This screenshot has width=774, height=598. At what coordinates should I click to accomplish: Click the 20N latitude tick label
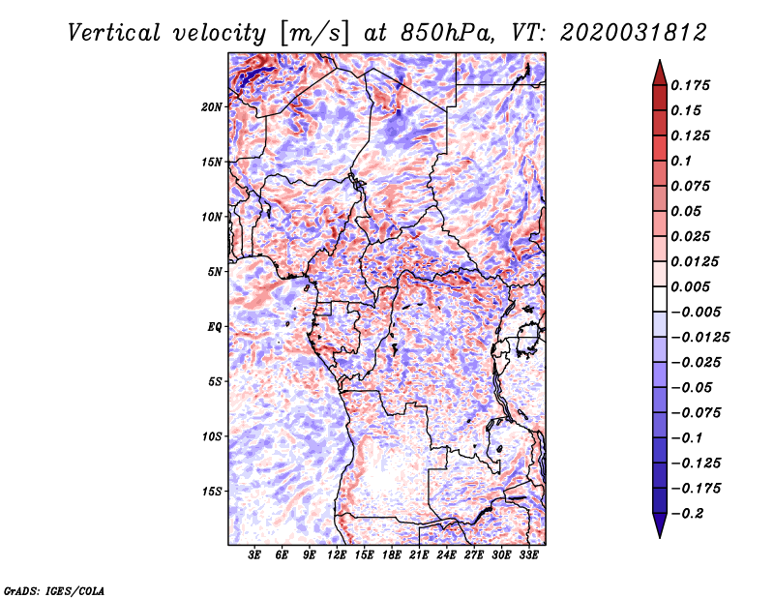(212, 106)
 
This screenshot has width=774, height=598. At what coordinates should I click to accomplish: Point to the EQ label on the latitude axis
(215, 326)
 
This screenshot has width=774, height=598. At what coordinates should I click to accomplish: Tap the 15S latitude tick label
(212, 491)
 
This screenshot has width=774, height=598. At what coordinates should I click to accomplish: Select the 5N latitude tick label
(215, 271)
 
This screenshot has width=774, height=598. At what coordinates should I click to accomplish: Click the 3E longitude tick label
(254, 555)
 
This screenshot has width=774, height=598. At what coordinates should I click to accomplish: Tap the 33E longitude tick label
(528, 555)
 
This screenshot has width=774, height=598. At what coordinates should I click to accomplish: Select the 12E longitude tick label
(337, 555)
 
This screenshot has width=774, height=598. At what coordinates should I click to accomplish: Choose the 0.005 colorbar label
(693, 286)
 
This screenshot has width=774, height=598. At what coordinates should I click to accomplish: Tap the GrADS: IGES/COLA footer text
(53, 589)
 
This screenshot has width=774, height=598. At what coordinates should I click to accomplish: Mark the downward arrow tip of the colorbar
(659, 535)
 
